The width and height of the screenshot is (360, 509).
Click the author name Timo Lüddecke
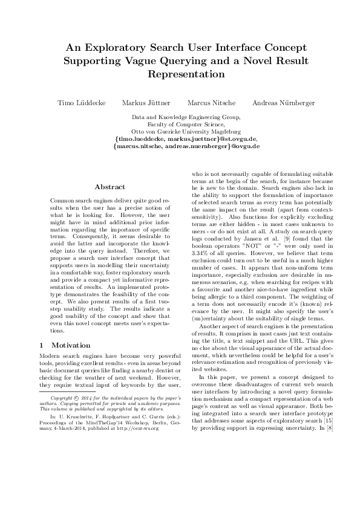(81, 103)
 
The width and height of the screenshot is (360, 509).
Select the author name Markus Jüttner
(145, 103)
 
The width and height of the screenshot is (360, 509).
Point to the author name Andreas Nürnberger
(284, 103)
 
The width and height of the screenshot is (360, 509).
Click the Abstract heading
(110, 187)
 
